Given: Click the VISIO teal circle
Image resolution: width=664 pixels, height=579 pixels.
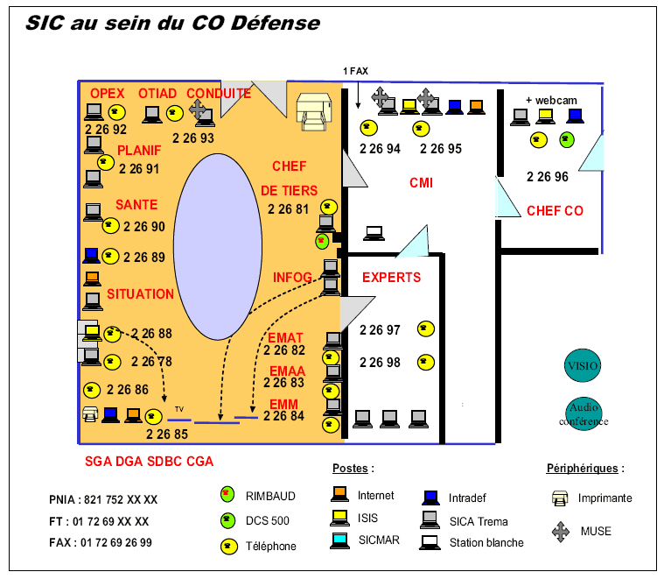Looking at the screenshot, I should [x=584, y=366].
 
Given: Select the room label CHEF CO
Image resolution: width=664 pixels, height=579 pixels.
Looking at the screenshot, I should [x=555, y=211].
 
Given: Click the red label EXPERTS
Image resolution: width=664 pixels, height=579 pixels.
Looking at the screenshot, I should [x=391, y=278].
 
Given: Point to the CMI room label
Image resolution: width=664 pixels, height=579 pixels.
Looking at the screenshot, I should [x=422, y=183].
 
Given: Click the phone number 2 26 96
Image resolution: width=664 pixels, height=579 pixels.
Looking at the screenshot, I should [x=548, y=177].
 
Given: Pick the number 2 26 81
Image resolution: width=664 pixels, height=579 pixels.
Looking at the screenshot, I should [x=289, y=209].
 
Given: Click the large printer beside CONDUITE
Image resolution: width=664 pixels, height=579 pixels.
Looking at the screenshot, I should [x=312, y=112].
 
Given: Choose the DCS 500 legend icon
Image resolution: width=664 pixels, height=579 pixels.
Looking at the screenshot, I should [x=227, y=520].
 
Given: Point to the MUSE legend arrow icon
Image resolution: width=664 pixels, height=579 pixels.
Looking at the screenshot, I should [x=561, y=531].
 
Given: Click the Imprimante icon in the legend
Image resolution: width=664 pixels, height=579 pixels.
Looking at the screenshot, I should [x=561, y=498].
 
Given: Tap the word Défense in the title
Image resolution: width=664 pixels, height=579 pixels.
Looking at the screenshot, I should [x=276, y=24].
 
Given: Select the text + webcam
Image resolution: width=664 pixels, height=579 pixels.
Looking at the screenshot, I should [x=551, y=100].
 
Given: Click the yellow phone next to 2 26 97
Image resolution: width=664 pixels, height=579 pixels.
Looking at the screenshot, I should [x=425, y=329].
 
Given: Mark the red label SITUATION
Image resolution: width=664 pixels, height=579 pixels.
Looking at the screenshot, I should [x=140, y=294].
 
